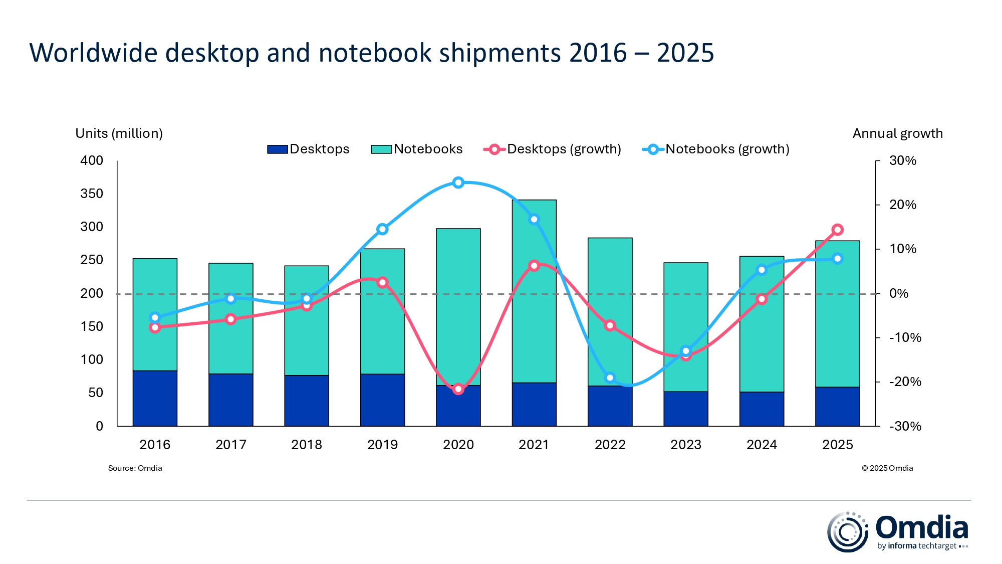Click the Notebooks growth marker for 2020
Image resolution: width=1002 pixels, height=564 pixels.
(x=458, y=182)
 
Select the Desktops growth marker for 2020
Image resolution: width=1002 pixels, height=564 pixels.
(x=458, y=389)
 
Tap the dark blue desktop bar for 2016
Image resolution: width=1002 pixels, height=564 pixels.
(x=155, y=399)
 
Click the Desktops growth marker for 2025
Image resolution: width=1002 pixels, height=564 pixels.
(x=837, y=230)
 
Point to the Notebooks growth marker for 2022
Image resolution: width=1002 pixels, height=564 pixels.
(x=610, y=378)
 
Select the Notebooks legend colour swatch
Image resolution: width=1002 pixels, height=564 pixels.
(x=381, y=149)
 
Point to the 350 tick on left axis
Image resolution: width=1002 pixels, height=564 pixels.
(x=92, y=194)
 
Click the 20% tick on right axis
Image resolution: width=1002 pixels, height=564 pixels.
(x=902, y=205)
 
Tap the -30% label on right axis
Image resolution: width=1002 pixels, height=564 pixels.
(x=905, y=426)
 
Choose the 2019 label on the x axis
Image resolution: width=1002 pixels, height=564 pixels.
(x=382, y=445)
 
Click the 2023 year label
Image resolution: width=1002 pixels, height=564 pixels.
(x=685, y=445)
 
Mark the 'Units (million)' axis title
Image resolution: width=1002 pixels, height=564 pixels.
(x=119, y=133)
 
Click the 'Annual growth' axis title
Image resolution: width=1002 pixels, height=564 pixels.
(x=897, y=133)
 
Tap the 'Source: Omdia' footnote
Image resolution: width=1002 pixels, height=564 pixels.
(x=135, y=468)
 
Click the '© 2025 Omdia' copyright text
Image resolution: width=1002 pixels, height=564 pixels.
(x=887, y=468)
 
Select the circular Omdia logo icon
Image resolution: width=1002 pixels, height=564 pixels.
(x=847, y=532)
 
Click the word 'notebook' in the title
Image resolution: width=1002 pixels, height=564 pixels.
(x=375, y=53)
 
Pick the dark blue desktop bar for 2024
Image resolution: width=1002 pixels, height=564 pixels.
(x=762, y=409)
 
